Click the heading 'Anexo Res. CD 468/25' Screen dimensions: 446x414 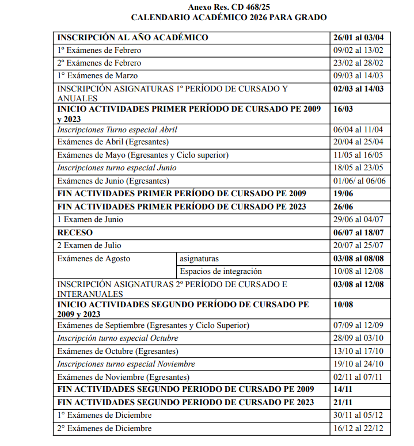pos(229,7)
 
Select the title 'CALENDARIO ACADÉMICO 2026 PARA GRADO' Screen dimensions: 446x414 pos(229,18)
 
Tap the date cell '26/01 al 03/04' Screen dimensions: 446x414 pos(358,37)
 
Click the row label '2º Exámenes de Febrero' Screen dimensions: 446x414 pos(99,63)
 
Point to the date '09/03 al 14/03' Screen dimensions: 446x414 pos(358,75)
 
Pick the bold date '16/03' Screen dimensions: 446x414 pos(344,108)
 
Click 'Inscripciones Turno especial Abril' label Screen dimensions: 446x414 pos(117,129)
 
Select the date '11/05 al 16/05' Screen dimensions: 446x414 pos(358,155)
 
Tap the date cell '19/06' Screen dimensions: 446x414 pos(343,193)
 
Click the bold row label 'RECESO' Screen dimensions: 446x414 pos(75,233)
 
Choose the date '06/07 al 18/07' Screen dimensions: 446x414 pos(358,233)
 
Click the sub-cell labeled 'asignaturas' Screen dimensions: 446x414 pos(199,258)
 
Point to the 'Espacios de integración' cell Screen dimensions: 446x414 pos(221,271)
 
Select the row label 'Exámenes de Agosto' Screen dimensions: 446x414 pos(94,258)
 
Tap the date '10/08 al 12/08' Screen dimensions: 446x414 pos(358,271)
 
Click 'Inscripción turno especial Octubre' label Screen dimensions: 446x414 pos(117,338)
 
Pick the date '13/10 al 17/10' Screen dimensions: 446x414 pos(358,351)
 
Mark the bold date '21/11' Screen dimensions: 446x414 pos(343,402)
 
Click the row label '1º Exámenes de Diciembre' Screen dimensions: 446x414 pos(104,415)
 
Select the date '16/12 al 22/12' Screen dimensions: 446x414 pos(358,428)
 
